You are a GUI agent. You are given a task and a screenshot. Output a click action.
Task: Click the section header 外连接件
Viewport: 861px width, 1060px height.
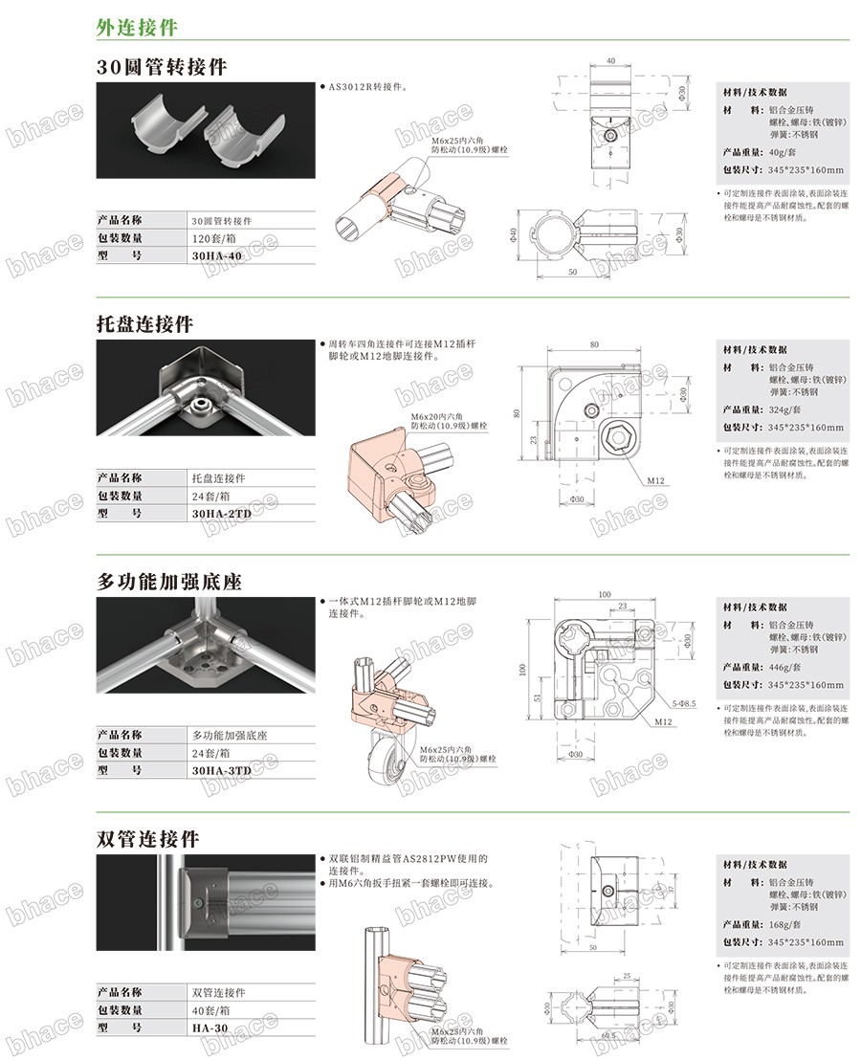pos(137,27)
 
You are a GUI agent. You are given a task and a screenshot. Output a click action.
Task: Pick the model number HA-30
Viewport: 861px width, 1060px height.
pos(210,1027)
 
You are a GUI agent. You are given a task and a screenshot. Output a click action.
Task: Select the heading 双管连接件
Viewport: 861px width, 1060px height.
pos(148,838)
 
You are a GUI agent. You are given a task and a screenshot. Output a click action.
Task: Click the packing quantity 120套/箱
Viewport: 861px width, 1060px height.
pos(215,238)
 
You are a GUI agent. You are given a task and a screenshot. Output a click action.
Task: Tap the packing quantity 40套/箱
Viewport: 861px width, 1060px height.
pos(212,1009)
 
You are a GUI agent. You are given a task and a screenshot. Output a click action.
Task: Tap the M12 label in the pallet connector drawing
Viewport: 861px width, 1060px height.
pos(655,478)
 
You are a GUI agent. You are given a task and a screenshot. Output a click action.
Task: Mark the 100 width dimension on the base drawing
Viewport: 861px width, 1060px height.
pos(604,595)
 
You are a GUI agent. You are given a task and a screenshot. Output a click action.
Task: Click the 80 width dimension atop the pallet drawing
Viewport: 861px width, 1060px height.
pos(594,343)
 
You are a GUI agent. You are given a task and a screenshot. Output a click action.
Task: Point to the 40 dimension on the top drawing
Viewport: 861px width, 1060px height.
pos(610,62)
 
